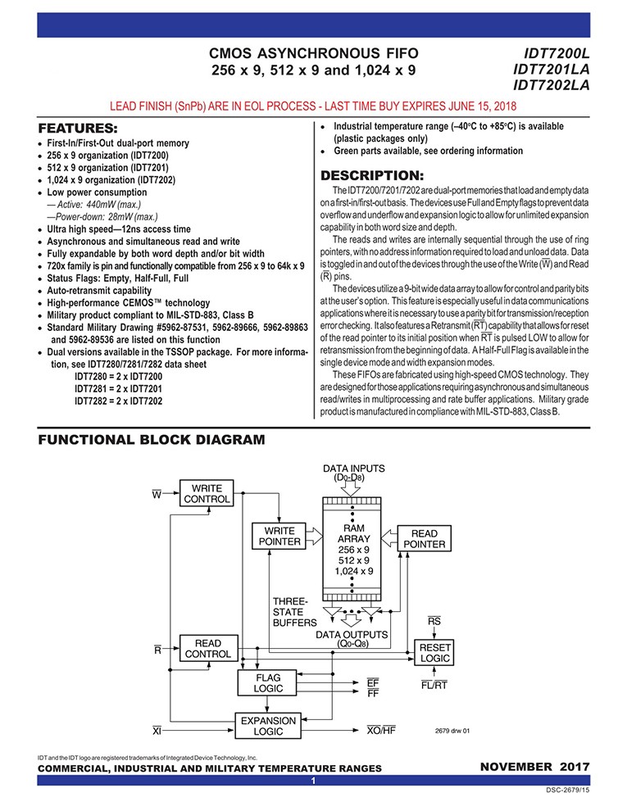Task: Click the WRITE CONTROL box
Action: point(207,493)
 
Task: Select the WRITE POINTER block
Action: point(279,537)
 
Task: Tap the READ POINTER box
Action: point(425,538)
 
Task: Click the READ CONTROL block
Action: point(208,649)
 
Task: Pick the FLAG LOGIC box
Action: point(268,682)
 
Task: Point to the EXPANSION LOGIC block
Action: point(268,726)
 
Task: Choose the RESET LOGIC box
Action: point(434,653)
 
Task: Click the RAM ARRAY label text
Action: point(354,533)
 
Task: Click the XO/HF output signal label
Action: point(381,731)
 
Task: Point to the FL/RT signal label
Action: point(434,685)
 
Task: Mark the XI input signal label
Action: point(157,731)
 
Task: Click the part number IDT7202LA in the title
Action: point(552,85)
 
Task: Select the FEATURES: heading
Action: point(78,129)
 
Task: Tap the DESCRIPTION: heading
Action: point(372,175)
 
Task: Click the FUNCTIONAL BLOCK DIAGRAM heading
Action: point(152,440)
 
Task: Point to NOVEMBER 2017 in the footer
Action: point(535,767)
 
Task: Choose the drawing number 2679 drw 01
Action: point(452,731)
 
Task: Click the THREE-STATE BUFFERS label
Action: point(294,612)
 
